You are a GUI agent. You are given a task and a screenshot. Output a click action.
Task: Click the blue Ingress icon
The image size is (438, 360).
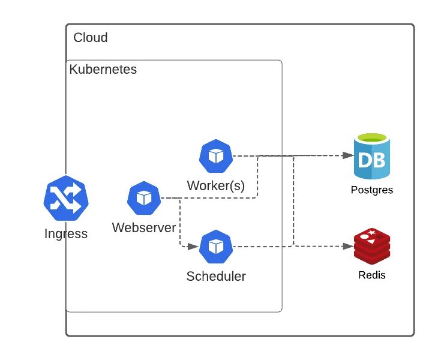pyautogui.click(x=66, y=199)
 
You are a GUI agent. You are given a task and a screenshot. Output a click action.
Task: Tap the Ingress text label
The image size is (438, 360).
pyautogui.click(x=66, y=234)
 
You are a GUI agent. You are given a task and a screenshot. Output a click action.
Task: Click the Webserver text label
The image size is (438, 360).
pyautogui.click(x=144, y=228)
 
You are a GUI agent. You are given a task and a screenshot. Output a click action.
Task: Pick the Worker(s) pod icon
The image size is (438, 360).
pyautogui.click(x=215, y=156)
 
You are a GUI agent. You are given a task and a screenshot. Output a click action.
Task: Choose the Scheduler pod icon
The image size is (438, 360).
pyautogui.click(x=215, y=247)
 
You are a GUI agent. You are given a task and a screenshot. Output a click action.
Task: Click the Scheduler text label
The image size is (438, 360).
pyautogui.click(x=216, y=277)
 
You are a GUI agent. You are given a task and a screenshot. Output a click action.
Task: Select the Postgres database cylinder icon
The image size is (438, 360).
pyautogui.click(x=372, y=157)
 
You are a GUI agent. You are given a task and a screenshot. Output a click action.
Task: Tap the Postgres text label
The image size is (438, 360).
pyautogui.click(x=372, y=191)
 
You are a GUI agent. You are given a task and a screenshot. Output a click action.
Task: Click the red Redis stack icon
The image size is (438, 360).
pyautogui.click(x=372, y=246)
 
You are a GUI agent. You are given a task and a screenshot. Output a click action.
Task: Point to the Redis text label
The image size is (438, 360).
pyautogui.click(x=372, y=275)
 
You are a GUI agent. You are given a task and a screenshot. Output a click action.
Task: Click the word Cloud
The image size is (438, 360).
pyautogui.click(x=91, y=38)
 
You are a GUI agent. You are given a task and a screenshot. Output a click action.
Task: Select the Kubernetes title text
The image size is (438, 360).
pyautogui.click(x=103, y=70)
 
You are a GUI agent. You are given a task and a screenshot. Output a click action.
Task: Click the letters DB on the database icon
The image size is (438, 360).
pyautogui.click(x=372, y=160)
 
